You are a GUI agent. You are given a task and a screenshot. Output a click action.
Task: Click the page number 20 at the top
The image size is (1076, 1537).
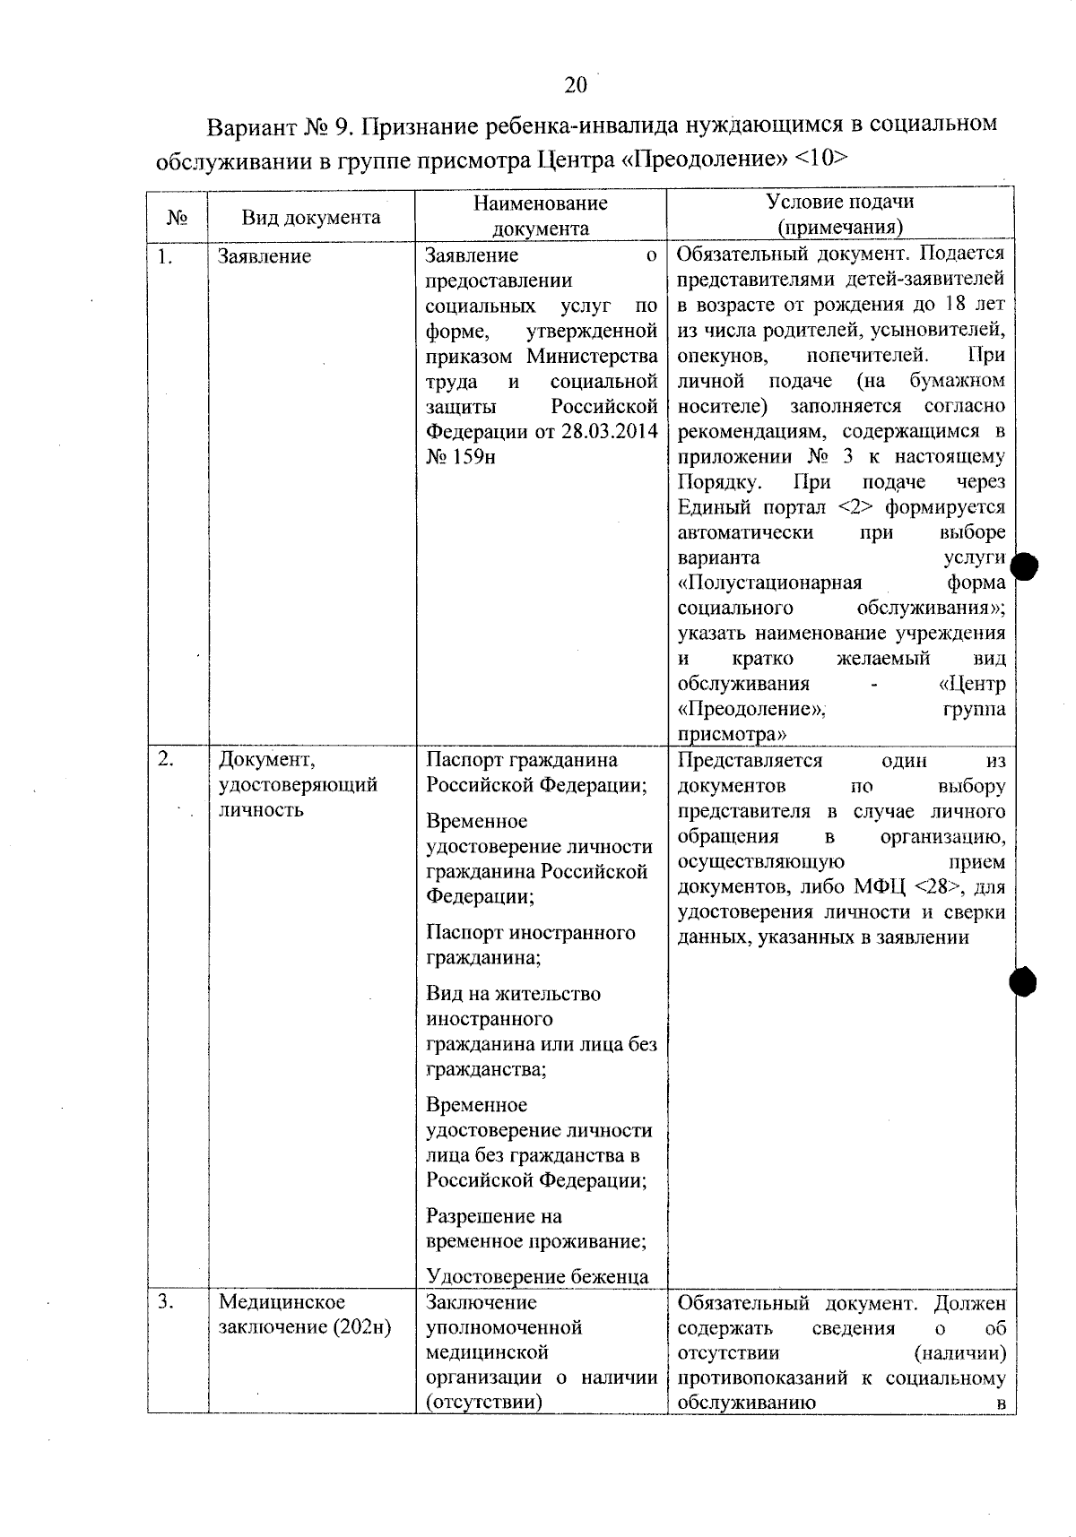click(x=576, y=85)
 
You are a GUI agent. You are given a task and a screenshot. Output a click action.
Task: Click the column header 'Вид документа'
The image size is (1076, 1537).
click(x=310, y=218)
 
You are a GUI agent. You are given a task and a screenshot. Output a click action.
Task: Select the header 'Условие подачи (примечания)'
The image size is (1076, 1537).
click(x=840, y=214)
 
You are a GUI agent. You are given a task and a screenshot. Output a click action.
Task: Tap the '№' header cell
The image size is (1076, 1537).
click(x=178, y=218)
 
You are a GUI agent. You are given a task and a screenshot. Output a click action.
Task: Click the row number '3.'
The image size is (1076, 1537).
click(x=166, y=1302)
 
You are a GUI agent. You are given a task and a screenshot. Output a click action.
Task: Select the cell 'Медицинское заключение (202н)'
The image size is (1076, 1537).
click(x=305, y=1315)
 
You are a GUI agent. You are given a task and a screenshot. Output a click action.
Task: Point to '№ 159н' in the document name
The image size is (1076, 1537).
click(x=460, y=457)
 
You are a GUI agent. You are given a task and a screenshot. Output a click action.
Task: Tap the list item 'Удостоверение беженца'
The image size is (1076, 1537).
click(x=537, y=1276)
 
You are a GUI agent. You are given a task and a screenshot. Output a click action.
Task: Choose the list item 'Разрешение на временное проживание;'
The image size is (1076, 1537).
click(x=535, y=1229)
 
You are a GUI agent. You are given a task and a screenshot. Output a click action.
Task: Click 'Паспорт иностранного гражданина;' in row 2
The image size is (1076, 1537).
click(x=530, y=946)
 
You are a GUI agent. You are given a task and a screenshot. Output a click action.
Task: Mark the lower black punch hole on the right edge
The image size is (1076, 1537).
click(x=1023, y=982)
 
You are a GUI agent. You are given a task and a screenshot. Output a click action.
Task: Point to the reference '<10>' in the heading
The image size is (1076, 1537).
click(x=820, y=159)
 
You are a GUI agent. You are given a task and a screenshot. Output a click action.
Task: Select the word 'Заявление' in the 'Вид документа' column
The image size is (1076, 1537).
click(x=265, y=257)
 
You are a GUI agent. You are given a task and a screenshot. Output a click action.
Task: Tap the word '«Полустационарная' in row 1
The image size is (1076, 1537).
click(x=769, y=583)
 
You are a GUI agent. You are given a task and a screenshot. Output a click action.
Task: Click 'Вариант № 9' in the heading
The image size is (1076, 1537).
click(x=277, y=125)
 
